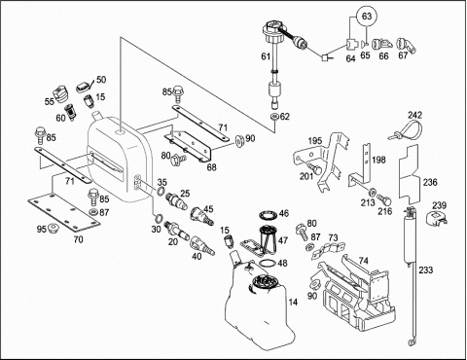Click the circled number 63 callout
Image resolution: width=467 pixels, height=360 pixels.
[x=367, y=17]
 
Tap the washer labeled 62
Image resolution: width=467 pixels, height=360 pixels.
[x=274, y=117]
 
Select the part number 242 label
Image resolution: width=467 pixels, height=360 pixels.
[x=414, y=115]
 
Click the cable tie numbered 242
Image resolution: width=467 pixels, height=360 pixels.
[x=408, y=129]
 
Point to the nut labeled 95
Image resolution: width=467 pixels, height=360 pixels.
[x=53, y=229]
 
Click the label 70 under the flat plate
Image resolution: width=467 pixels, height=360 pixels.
[x=78, y=239]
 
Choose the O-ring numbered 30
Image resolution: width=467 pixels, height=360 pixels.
[x=159, y=218]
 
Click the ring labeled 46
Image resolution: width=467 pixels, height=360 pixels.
[x=268, y=215]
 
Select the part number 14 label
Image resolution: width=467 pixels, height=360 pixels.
[x=293, y=302]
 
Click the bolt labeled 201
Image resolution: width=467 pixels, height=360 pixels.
[x=315, y=168]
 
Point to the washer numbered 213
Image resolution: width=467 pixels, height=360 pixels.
[x=372, y=191]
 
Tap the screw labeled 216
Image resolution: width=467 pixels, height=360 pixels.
[x=384, y=199]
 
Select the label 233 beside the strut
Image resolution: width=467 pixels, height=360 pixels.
[x=426, y=270]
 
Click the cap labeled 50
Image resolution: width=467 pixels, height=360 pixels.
[x=83, y=87]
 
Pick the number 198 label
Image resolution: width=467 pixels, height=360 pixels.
[x=378, y=160]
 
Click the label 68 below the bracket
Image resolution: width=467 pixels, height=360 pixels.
[x=211, y=167]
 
